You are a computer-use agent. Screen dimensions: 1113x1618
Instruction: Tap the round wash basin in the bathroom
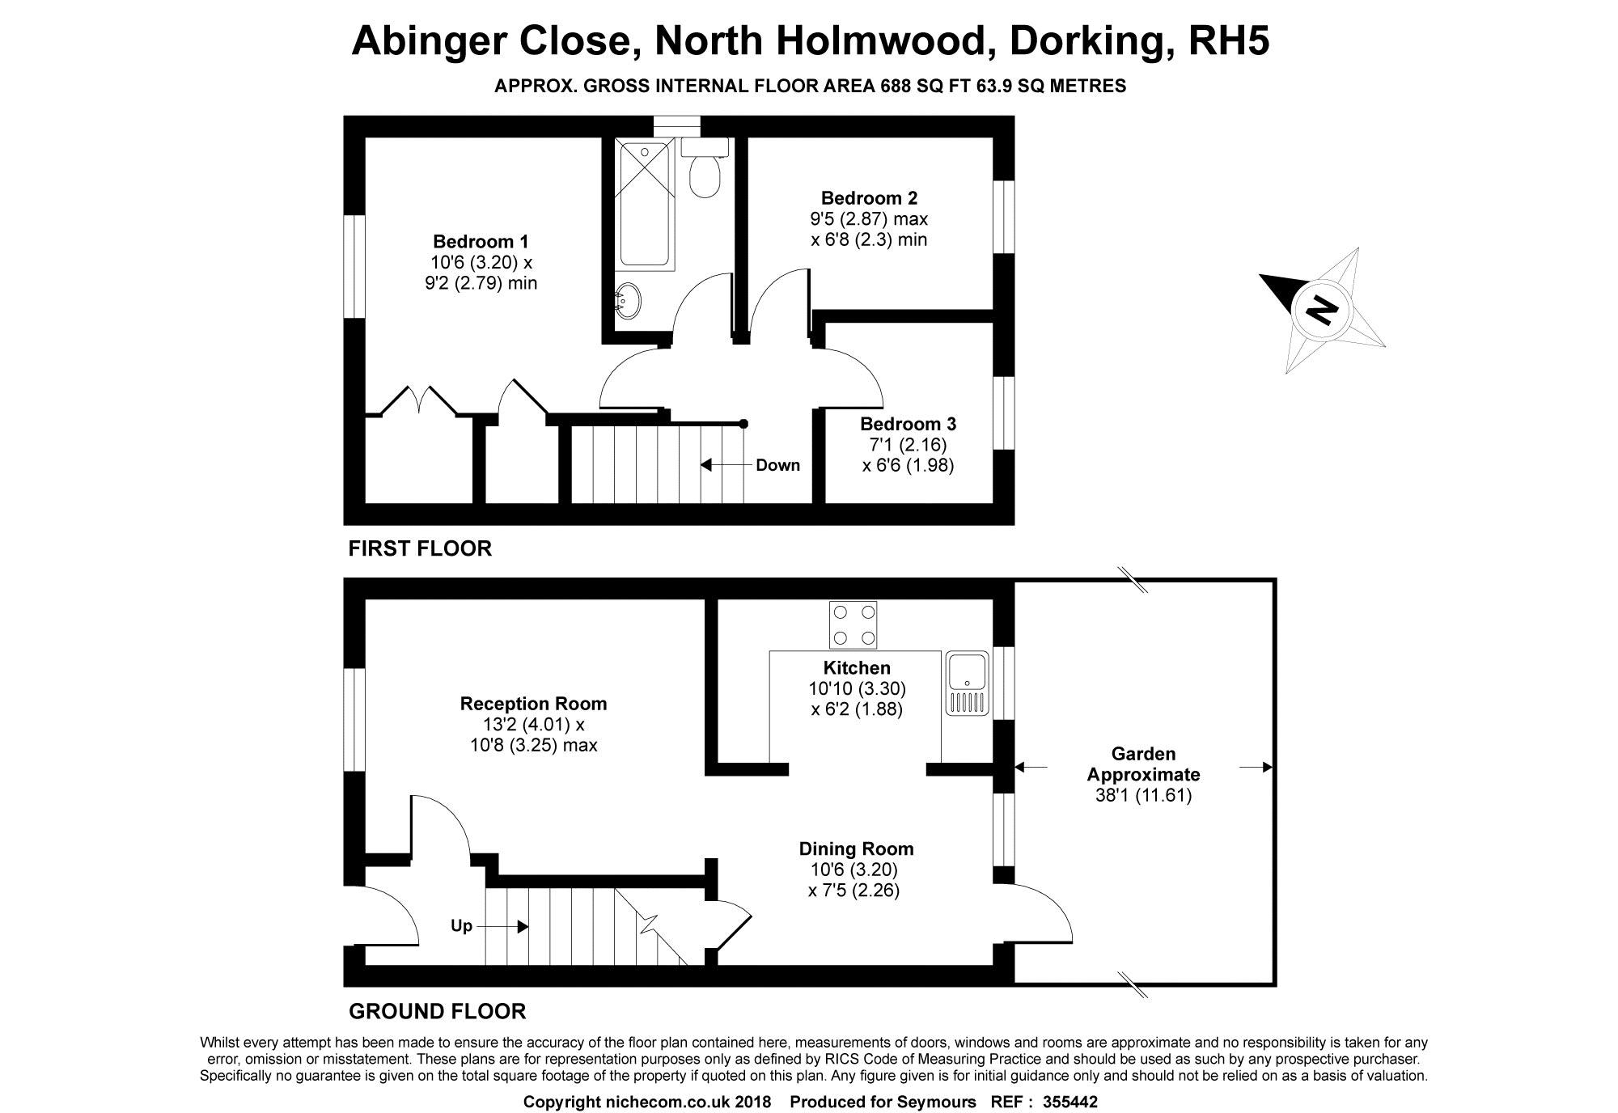pyautogui.click(x=629, y=301)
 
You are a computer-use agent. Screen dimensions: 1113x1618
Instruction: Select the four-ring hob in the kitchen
pyautogui.click(x=853, y=624)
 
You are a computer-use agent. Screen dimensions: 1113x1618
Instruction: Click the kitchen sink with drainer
pyautogui.click(x=967, y=683)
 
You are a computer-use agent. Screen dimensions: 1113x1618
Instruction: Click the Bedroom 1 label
pyautogui.click(x=481, y=241)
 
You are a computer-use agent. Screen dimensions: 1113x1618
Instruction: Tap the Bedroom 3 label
pyautogui.click(x=908, y=424)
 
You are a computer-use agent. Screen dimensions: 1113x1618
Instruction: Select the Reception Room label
pyautogui.click(x=533, y=704)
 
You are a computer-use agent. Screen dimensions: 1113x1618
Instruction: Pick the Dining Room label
pyautogui.click(x=856, y=849)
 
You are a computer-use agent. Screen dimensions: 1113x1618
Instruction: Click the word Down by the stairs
pyautogui.click(x=777, y=465)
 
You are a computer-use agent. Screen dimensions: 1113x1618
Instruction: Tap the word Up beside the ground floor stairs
pyautogui.click(x=461, y=925)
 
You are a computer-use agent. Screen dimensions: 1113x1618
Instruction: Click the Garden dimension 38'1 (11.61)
pyautogui.click(x=1143, y=795)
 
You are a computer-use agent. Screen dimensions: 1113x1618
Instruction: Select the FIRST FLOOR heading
pyautogui.click(x=420, y=548)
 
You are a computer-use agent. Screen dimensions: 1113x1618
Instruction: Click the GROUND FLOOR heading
pyautogui.click(x=437, y=1011)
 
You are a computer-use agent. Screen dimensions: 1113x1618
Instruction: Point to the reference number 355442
pyautogui.click(x=1070, y=1102)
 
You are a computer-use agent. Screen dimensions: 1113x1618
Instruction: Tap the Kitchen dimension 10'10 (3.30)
pyautogui.click(x=857, y=688)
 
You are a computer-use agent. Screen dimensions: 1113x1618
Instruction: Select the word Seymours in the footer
pyautogui.click(x=938, y=1102)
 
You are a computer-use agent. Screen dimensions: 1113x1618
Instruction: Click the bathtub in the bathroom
pyautogui.click(x=645, y=204)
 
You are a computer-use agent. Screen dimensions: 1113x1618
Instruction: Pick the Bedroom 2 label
pyautogui.click(x=869, y=198)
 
